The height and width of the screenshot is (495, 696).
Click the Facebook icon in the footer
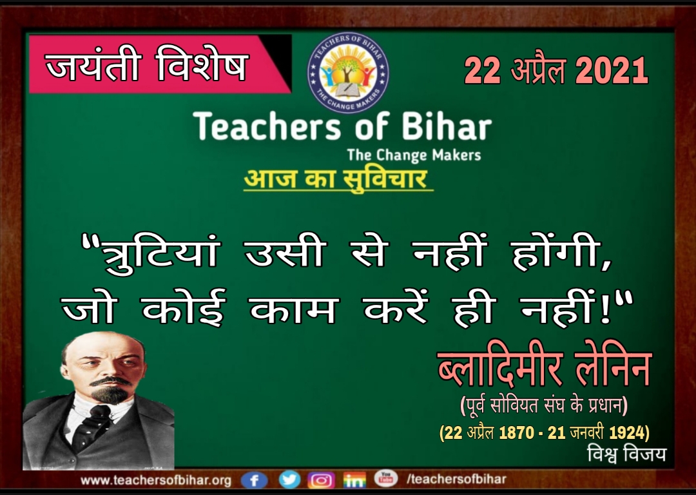[x=255, y=481]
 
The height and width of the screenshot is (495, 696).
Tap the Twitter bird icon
[x=289, y=480]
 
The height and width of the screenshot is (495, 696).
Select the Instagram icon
[x=321, y=480]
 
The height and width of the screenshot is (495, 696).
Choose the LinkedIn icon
[x=354, y=480]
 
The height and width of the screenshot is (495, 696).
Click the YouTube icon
[x=385, y=479]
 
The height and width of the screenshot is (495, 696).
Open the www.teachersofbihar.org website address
[x=156, y=480]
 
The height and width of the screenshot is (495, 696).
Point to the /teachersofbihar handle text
[x=456, y=479]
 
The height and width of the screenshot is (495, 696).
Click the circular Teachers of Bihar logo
[x=348, y=72]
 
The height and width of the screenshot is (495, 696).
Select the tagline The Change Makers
[x=414, y=155]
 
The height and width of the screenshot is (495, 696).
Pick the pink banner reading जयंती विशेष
[x=160, y=64]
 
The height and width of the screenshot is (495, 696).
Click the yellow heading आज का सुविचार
[x=338, y=179]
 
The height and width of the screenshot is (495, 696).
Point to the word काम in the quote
[x=294, y=309]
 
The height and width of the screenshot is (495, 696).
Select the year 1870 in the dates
[x=516, y=432]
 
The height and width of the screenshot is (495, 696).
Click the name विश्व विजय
[x=626, y=454]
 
